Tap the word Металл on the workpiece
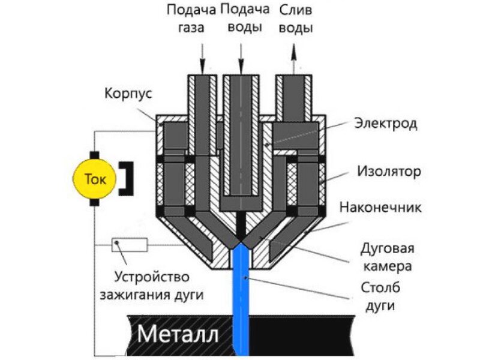coord(177,333)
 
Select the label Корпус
coord(128,94)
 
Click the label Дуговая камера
coord(387,256)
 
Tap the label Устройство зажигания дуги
coord(157,286)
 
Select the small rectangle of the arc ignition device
coord(130,244)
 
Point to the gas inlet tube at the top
coord(202,96)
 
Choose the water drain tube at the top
coord(293,96)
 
